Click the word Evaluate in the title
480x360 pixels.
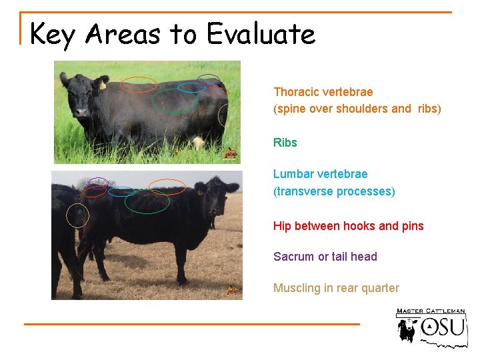tap(261, 33)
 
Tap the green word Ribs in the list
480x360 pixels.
tap(285, 143)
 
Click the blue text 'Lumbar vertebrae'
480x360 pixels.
tap(320, 174)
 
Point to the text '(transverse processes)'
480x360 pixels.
tap(334, 191)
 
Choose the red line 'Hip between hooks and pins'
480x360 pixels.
tap(348, 226)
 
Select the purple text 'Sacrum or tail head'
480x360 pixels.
tap(325, 257)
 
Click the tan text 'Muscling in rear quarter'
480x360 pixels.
tap(336, 288)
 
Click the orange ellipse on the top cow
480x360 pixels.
tap(139, 84)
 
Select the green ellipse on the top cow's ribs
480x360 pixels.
tap(174, 101)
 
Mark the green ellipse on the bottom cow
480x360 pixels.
tap(147, 202)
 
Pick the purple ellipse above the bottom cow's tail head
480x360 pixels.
tap(99, 182)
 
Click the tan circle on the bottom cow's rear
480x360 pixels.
tap(78, 215)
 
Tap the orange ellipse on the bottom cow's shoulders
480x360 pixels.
tap(167, 187)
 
